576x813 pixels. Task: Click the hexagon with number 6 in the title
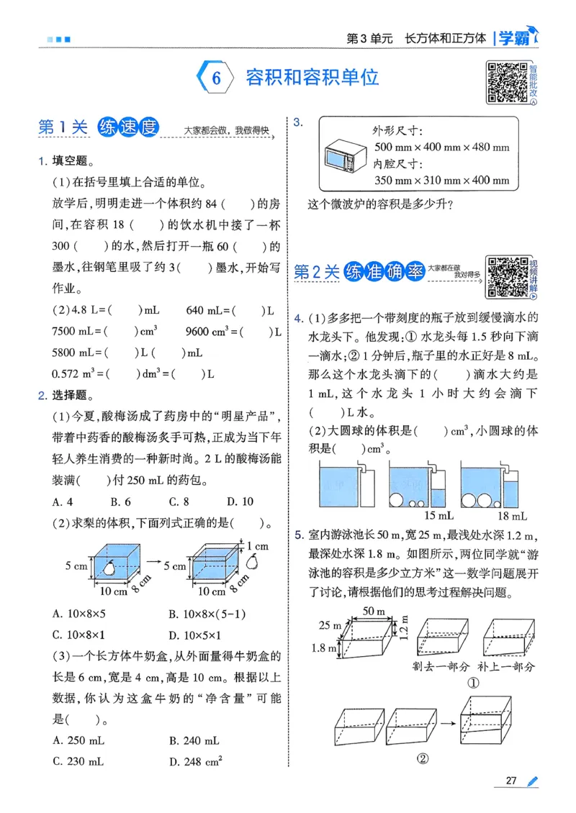[215, 78]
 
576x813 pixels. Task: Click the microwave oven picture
[342, 156]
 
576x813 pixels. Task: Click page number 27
[512, 781]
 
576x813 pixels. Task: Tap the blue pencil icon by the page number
[531, 781]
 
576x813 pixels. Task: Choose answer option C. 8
[179, 501]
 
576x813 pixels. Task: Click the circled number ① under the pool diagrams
[473, 683]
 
